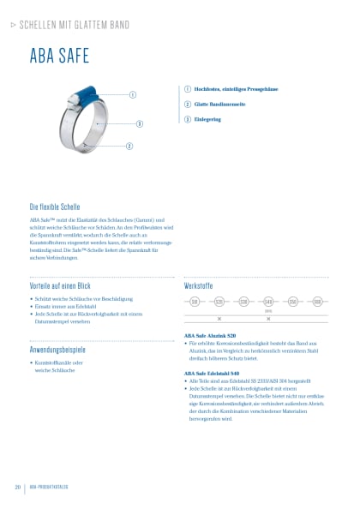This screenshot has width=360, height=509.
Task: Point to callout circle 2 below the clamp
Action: tap(129, 147)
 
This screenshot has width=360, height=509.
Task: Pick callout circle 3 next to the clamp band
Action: tap(139, 123)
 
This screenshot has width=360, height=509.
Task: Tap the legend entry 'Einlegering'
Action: tap(208, 119)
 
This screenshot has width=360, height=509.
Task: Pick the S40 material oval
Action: tap(268, 302)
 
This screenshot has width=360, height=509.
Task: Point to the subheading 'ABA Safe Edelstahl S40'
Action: tap(215, 374)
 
